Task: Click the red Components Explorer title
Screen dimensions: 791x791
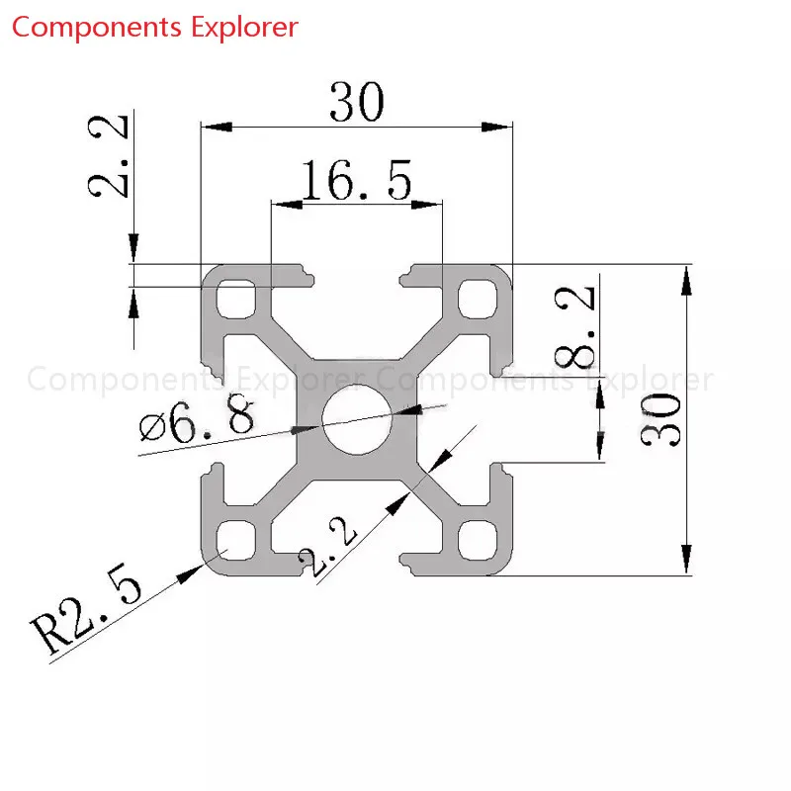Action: click(x=155, y=28)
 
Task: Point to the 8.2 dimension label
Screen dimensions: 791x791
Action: click(x=575, y=326)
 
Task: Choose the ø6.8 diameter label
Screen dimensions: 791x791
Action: click(x=197, y=420)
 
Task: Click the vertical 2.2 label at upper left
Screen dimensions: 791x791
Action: click(x=108, y=156)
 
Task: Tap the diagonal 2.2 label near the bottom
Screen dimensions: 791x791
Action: click(x=327, y=547)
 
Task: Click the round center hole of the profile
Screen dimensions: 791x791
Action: click(x=357, y=419)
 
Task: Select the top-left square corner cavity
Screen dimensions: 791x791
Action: click(x=236, y=300)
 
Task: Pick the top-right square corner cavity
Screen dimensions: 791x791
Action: click(x=478, y=300)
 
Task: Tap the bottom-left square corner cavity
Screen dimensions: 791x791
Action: click(x=236, y=540)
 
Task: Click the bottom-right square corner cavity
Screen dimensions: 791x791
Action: click(x=478, y=540)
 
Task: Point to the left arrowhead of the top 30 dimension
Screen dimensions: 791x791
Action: click(x=217, y=127)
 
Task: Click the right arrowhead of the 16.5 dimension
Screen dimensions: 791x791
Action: click(x=427, y=205)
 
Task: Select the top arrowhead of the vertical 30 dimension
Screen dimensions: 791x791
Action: click(x=686, y=280)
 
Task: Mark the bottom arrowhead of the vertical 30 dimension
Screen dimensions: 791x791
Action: click(x=686, y=560)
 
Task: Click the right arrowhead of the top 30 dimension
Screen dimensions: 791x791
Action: click(x=497, y=127)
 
